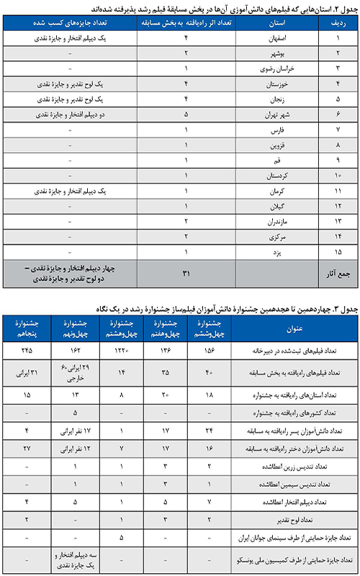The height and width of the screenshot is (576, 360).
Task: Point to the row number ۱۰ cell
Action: point(338,175)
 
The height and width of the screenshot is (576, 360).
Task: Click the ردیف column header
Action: point(338,22)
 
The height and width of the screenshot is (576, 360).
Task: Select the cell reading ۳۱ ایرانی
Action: point(27,373)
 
